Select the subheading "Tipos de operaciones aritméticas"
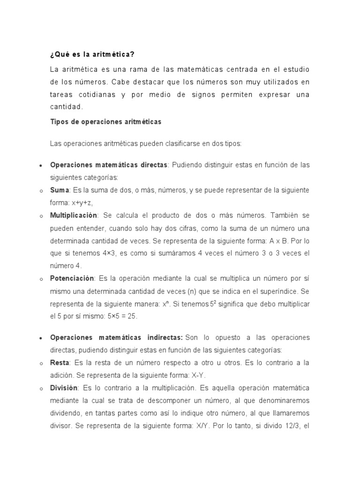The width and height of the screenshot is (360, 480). (x=105, y=121)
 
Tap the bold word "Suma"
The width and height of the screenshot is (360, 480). (x=60, y=190)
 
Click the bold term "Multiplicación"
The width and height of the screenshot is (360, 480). (x=74, y=215)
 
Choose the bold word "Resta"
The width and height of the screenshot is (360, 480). (x=60, y=363)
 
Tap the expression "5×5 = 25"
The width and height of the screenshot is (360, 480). (x=120, y=316)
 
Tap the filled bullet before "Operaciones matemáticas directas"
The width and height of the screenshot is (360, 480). (x=42, y=166)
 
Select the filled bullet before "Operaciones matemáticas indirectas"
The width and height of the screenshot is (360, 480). (x=42, y=338)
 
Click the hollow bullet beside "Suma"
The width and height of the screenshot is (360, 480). (x=42, y=191)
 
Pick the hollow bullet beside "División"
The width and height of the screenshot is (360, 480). (x=42, y=389)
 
